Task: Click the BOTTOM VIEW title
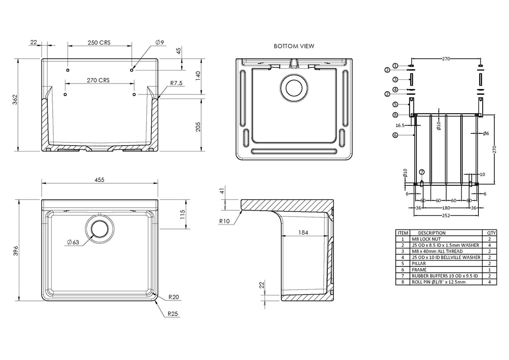click(x=293, y=46)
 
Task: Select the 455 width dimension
click(x=99, y=180)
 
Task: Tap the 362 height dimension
click(x=15, y=100)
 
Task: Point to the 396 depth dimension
click(x=15, y=250)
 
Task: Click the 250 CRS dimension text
click(x=99, y=42)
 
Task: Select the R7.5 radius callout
click(x=176, y=83)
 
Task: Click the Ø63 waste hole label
click(x=73, y=242)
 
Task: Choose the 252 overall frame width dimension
click(x=446, y=216)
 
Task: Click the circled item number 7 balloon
click(x=422, y=172)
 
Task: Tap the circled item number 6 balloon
click(x=395, y=135)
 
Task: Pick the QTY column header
click(x=491, y=232)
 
